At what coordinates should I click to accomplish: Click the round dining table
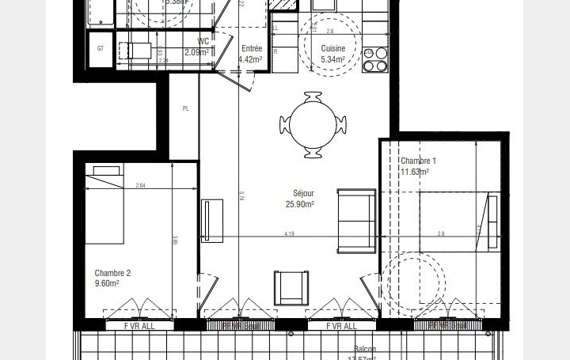pos(313,125)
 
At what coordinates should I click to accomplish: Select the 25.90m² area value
pos(300,204)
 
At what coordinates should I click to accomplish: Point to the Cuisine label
pos(332,49)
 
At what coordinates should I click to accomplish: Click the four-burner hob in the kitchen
pos(375,60)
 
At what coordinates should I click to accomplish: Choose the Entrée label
pos(252,48)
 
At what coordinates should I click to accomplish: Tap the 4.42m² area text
pos(252,58)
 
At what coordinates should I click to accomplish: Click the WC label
pos(203,42)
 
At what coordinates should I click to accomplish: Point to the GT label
pos(101,48)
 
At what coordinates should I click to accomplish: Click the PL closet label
pos(186,108)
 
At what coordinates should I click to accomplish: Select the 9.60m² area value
pos(107,283)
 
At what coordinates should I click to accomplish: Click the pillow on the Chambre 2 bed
pos(105,169)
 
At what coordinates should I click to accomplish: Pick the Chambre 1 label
pos(418,161)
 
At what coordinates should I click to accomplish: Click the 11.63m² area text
pos(415,171)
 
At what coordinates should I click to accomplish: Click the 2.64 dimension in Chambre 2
pos(140,186)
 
